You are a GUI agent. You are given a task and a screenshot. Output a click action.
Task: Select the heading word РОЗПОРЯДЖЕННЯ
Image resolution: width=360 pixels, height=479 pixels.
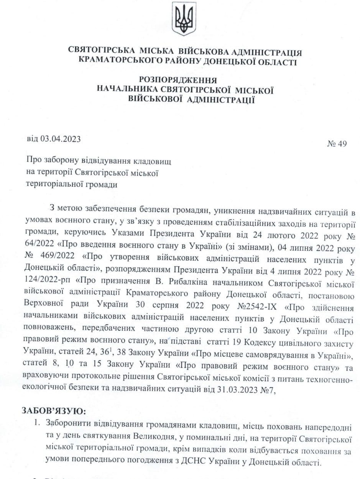pos(178,80)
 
